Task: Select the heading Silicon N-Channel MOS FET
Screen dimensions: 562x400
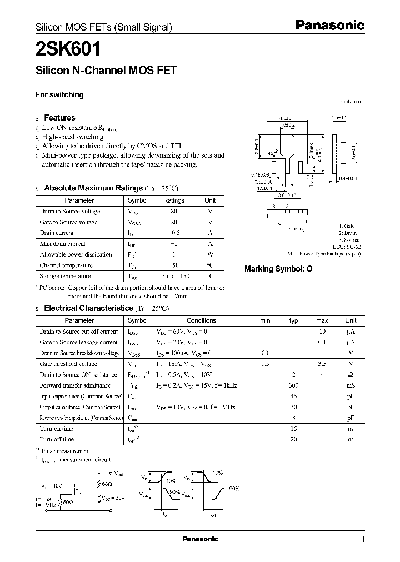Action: click(106, 71)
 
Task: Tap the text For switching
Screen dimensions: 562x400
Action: click(59, 94)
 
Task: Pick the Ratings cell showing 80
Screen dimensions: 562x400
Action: click(173, 212)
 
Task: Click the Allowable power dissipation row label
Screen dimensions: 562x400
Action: click(76, 254)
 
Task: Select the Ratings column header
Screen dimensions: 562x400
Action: click(173, 200)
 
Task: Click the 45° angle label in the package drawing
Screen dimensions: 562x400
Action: click(271, 152)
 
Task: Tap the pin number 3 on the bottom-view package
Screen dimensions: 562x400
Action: click(273, 207)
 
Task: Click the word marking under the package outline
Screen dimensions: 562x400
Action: click(296, 228)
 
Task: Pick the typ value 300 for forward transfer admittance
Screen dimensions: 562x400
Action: click(294, 385)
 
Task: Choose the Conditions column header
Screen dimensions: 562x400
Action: click(201, 320)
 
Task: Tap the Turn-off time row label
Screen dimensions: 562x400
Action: click(57, 439)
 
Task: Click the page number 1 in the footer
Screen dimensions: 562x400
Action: click(363, 539)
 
